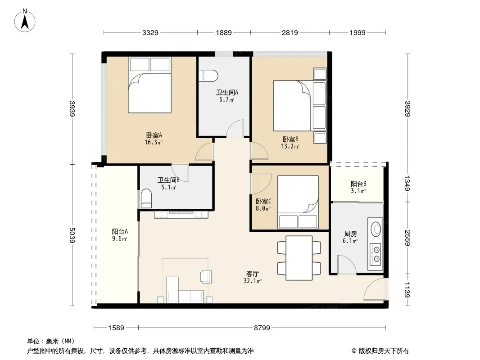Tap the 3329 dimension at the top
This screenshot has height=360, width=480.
[x=150, y=32]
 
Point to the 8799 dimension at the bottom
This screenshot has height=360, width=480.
[x=262, y=328]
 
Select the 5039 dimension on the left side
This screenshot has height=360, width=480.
[x=72, y=235]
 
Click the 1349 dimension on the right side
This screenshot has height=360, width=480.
[x=407, y=183]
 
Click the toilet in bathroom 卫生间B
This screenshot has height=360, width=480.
[x=146, y=198]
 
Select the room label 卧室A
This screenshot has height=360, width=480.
[x=154, y=135]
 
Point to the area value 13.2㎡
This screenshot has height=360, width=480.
[x=290, y=146]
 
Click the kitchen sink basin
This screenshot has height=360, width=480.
[x=376, y=228]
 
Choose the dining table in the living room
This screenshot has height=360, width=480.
[x=299, y=258]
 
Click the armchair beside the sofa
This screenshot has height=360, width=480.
[x=206, y=276]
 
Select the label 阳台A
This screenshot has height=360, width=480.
[x=120, y=232]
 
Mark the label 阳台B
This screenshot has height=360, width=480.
[x=358, y=184]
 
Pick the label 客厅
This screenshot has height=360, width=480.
[x=253, y=274]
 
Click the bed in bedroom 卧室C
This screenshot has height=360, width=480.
[x=298, y=202]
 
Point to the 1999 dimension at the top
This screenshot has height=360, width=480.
[x=358, y=32]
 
